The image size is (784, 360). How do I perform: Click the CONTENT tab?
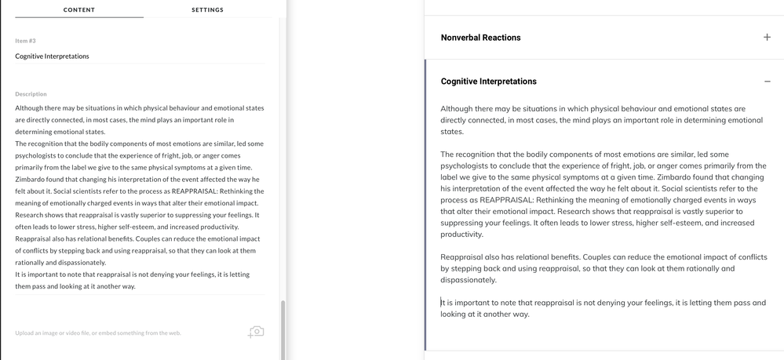[78, 9]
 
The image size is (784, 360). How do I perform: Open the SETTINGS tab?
[207, 9]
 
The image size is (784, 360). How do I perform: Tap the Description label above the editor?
[31, 94]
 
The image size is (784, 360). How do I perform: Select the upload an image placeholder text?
[97, 333]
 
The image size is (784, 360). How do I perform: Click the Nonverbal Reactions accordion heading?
[480, 38]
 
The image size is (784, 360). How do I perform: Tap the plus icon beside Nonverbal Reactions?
[767, 38]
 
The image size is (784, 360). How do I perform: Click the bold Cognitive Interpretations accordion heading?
[488, 82]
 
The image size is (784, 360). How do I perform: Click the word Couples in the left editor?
[151, 238]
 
